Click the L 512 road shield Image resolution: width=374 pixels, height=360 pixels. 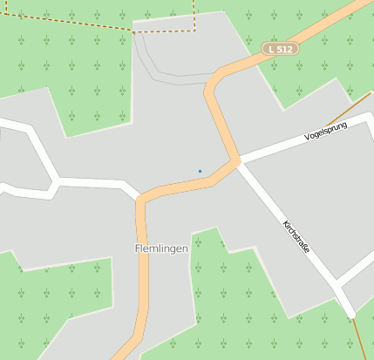click(x=281, y=50)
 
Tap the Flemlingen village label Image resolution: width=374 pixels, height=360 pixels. click(x=161, y=249)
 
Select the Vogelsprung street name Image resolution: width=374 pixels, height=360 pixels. click(x=326, y=132)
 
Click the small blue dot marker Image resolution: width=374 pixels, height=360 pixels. click(x=200, y=171)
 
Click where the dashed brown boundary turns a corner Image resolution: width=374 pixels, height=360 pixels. click(x=194, y=29)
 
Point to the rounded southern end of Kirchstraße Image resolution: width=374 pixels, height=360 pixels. click(x=349, y=312)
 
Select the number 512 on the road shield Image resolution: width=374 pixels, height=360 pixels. click(x=285, y=50)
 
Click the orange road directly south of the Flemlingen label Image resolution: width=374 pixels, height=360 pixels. click(x=142, y=288)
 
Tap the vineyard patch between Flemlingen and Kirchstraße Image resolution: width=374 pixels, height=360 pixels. click(x=235, y=288)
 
